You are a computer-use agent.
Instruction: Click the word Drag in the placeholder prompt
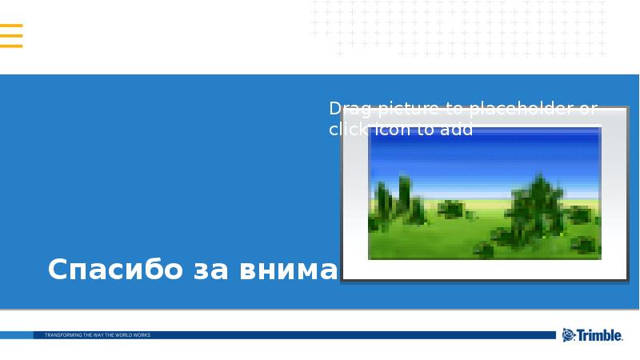345,109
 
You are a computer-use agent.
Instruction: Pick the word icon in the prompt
391,130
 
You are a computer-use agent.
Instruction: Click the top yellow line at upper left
11,26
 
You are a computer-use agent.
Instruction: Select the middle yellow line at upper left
11,36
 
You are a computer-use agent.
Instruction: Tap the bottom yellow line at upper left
11,46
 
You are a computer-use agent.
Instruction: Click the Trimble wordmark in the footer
600,336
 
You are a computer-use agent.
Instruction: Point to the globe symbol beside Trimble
569,335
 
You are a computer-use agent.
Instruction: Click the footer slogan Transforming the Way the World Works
98,335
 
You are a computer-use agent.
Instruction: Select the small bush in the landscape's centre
451,210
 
